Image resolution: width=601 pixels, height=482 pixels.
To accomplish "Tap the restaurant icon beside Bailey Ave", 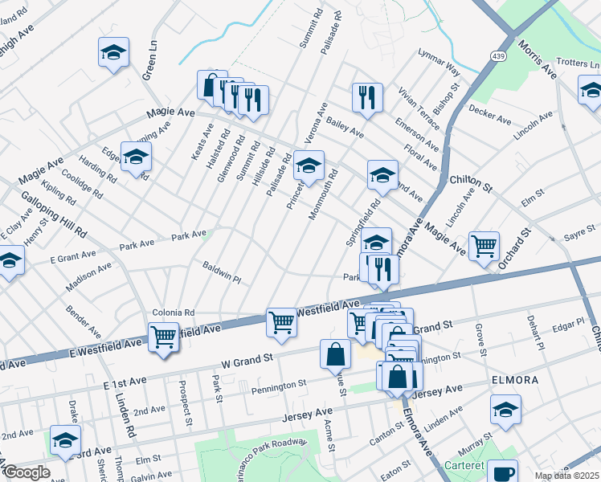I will pyautogui.click(x=367, y=98).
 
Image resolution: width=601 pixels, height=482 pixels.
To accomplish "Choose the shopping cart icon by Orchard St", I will pyautogui.click(x=484, y=246).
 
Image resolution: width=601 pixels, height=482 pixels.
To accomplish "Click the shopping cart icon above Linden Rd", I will pyautogui.click(x=163, y=337).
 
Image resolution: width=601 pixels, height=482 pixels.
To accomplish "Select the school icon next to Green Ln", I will pyautogui.click(x=113, y=53).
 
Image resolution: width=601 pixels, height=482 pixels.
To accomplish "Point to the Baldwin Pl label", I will pyautogui.click(x=222, y=272).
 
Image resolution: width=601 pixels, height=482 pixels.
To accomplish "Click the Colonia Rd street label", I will pyautogui.click(x=174, y=312).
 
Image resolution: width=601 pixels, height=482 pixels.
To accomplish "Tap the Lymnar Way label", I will pyautogui.click(x=439, y=61).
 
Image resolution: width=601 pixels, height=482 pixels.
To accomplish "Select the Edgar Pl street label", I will pyautogui.click(x=568, y=324).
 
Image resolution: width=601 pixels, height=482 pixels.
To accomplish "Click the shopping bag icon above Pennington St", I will pyautogui.click(x=335, y=353).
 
